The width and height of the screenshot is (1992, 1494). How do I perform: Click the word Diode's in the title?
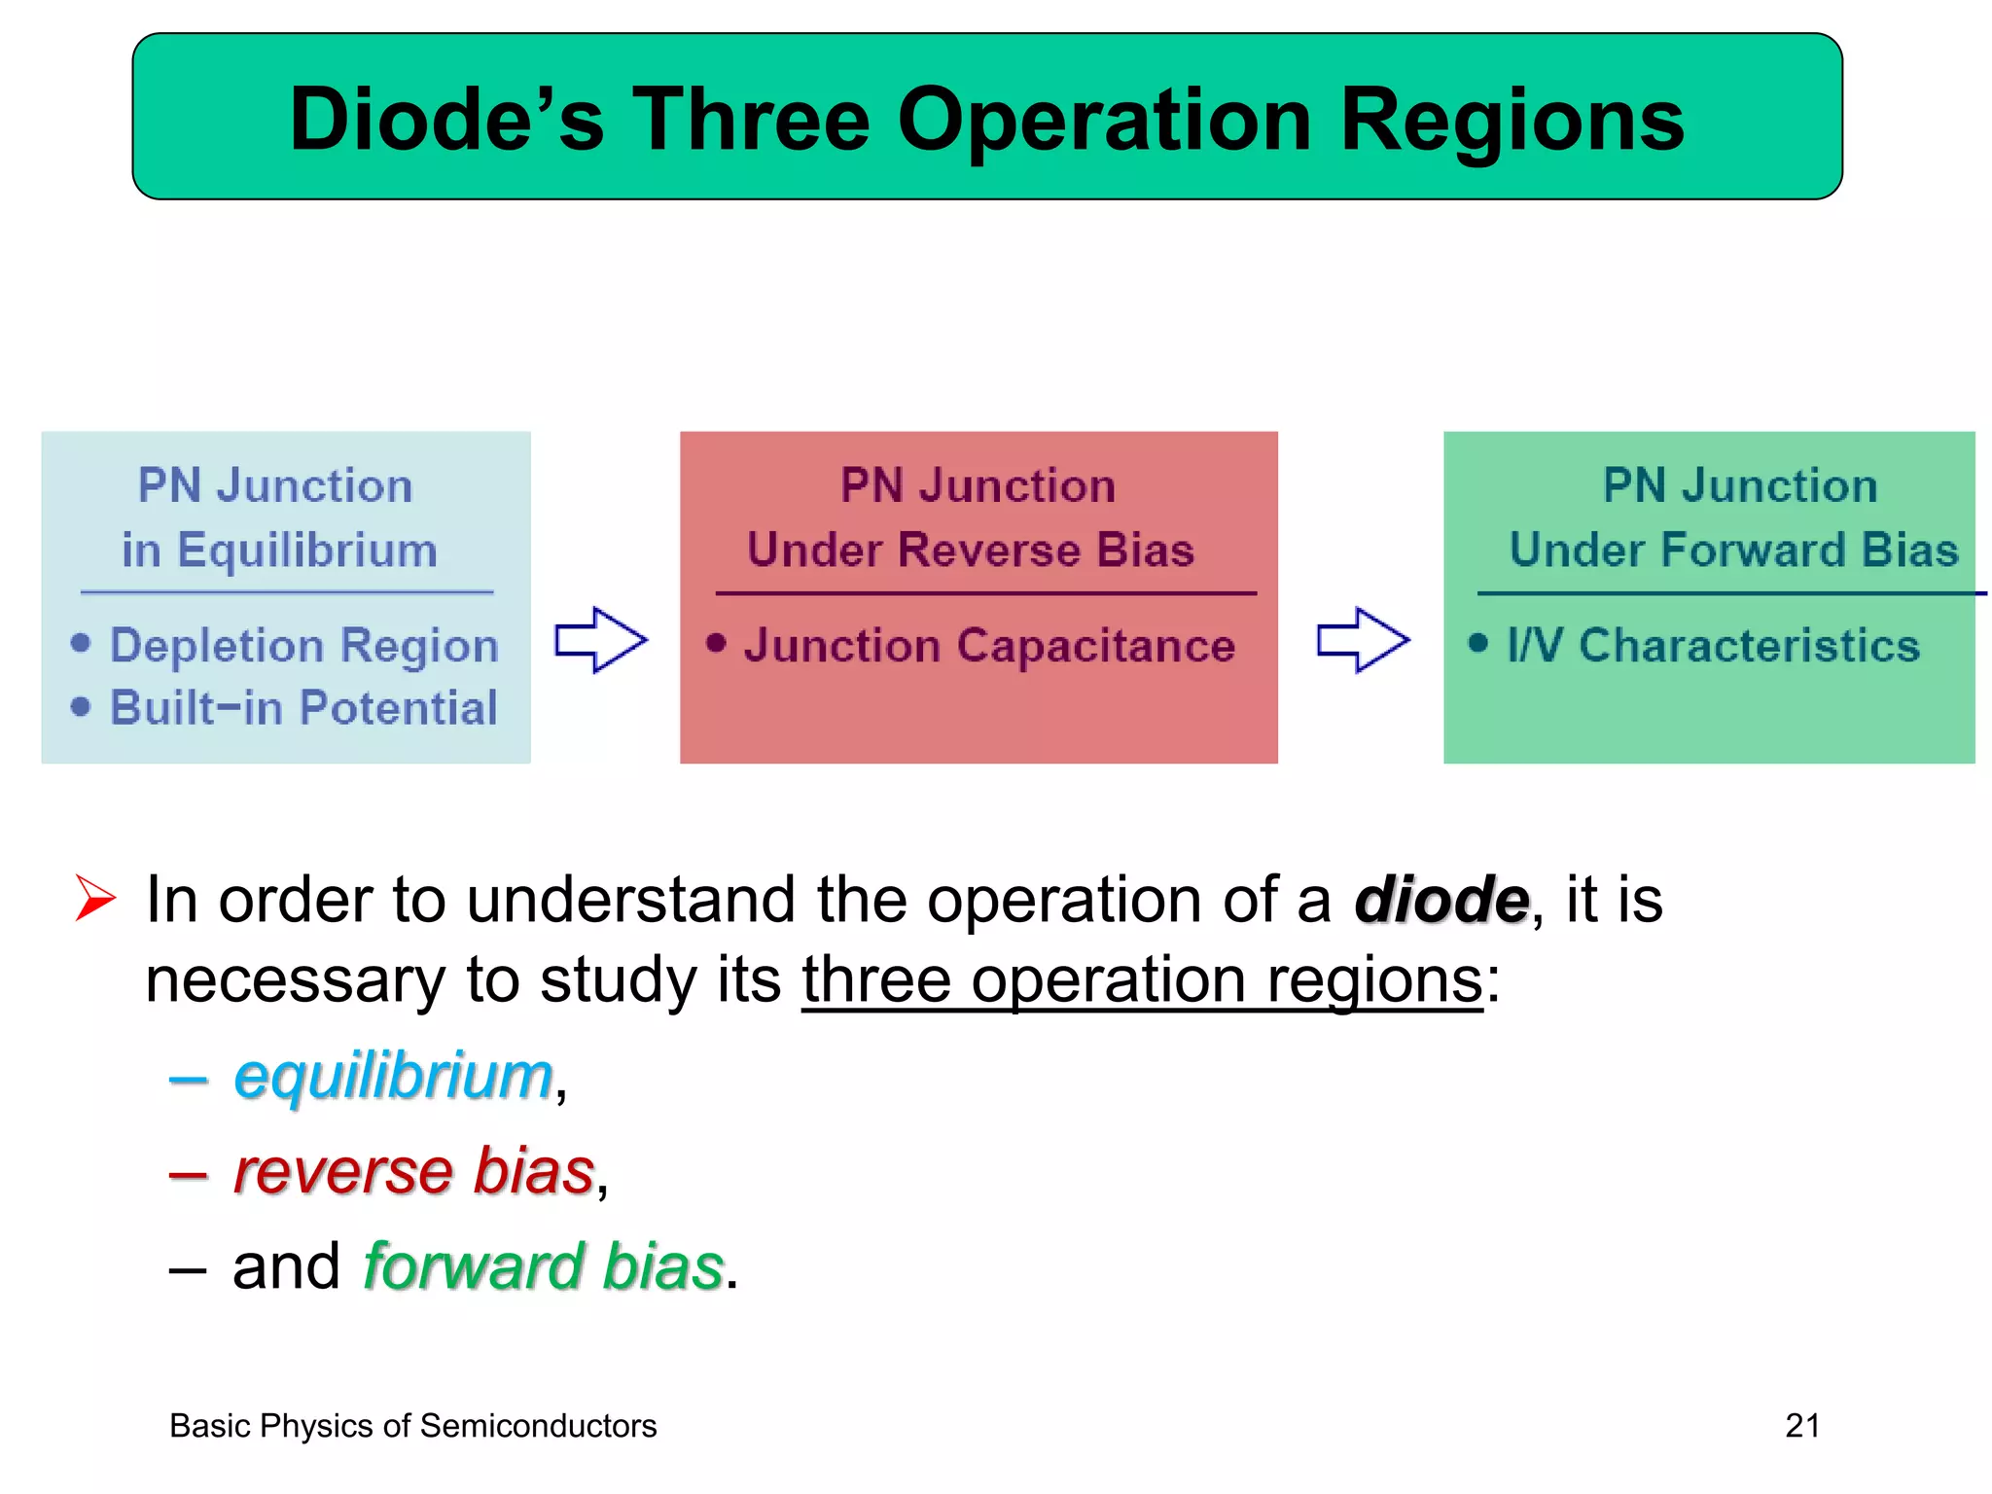[446, 120]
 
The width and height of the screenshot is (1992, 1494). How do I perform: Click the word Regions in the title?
[1512, 122]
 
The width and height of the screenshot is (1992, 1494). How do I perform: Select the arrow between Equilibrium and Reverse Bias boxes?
[601, 640]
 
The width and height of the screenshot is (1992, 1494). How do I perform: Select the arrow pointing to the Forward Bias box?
[1363, 640]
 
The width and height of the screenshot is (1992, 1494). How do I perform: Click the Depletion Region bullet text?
[303, 646]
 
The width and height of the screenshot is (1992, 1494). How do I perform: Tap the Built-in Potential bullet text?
[303, 707]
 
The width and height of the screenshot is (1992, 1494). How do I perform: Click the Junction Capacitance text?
[989, 646]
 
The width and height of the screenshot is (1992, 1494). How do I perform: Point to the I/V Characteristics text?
[1713, 646]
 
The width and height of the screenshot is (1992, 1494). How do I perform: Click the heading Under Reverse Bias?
[971, 551]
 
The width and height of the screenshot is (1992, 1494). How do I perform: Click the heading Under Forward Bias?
[1733, 551]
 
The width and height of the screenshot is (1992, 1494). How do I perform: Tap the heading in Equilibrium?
[279, 551]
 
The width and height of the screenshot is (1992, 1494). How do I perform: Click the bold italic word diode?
[1441, 900]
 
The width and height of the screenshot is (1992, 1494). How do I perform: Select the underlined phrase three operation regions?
[1142, 979]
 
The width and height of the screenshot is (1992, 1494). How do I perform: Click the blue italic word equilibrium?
[393, 1077]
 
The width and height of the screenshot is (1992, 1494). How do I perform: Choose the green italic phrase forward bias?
[543, 1266]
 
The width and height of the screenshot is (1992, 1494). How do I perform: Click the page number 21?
[1801, 1426]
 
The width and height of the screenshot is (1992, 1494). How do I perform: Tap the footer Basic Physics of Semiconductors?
[412, 1426]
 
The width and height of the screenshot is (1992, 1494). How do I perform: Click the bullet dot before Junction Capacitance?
[717, 643]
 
